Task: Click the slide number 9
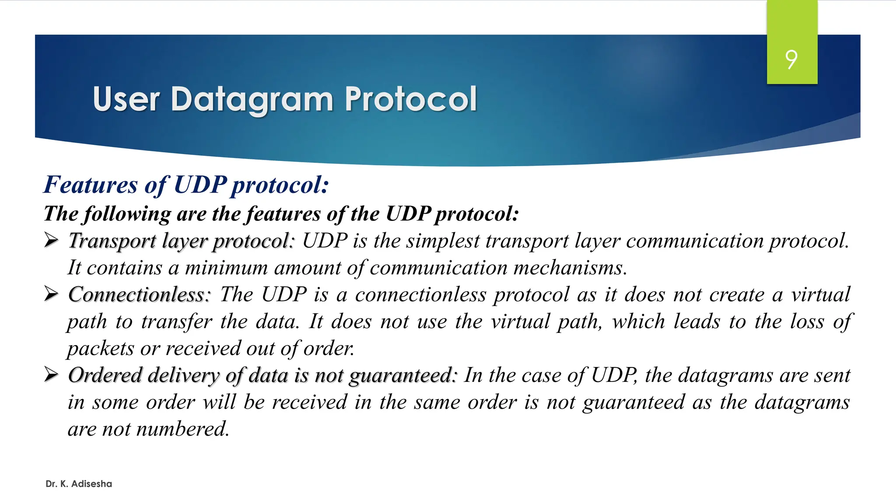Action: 791,59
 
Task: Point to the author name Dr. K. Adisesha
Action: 79,484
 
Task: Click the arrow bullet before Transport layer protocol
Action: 51,240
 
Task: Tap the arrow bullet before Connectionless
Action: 51,294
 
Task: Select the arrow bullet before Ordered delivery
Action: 51,374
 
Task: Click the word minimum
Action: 226,268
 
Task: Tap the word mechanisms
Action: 570,268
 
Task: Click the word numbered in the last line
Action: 183,429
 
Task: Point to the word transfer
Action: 177,322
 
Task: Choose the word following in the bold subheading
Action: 127,214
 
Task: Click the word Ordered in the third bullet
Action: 105,375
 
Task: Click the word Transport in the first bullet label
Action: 112,241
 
